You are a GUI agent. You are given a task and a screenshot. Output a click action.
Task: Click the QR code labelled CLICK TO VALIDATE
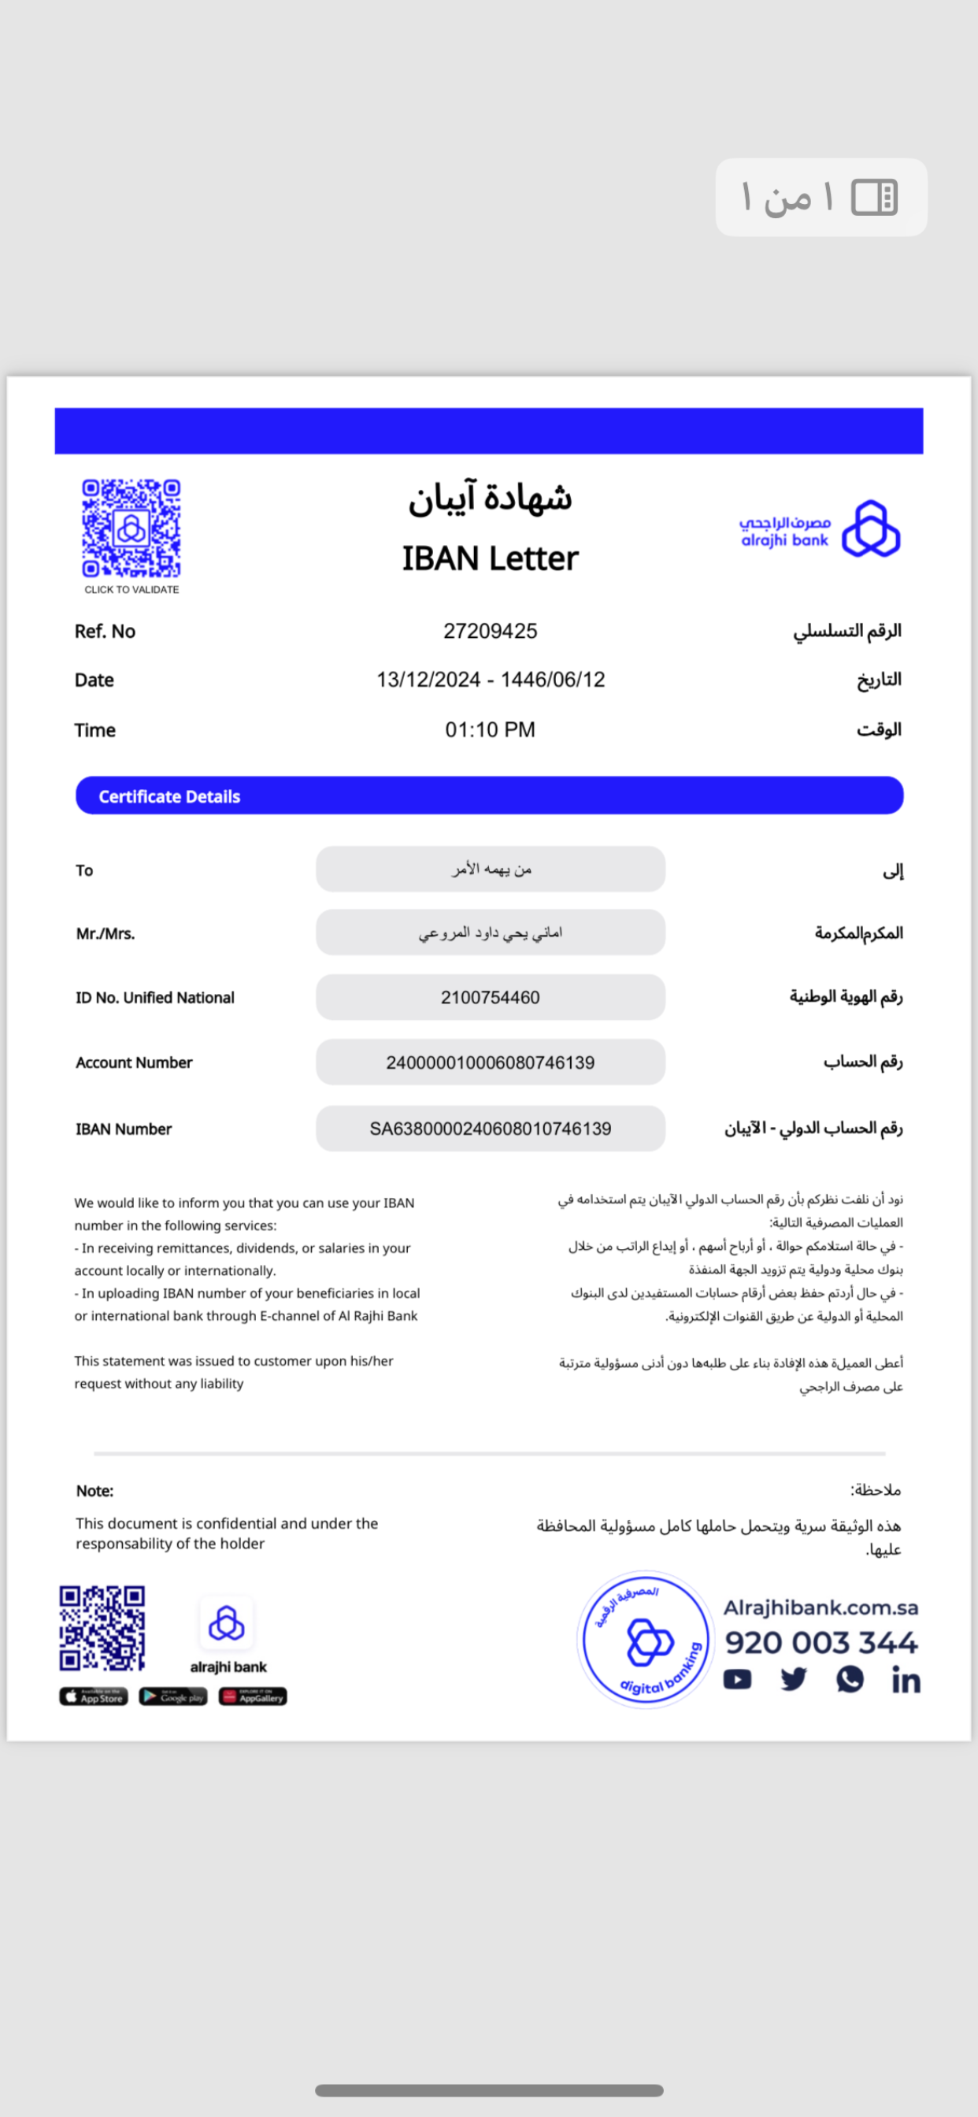click(131, 528)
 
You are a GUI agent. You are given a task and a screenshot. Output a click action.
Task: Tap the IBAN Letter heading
click(490, 559)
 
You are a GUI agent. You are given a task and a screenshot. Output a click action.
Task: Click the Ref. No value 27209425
click(490, 631)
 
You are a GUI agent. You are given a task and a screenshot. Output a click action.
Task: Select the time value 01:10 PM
click(490, 730)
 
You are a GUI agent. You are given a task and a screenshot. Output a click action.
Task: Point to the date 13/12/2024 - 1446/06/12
click(490, 680)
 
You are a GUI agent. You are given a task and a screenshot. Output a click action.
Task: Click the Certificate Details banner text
click(169, 796)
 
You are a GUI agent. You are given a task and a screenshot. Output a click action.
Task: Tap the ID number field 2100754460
click(490, 998)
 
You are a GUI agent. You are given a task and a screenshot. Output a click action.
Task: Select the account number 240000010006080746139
click(490, 1062)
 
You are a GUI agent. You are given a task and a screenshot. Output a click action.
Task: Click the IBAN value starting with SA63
click(490, 1129)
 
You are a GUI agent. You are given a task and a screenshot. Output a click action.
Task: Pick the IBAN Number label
click(124, 1129)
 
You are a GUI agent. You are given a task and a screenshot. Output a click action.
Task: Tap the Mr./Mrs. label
click(106, 933)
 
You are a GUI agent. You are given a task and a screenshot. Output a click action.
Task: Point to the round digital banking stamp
click(646, 1641)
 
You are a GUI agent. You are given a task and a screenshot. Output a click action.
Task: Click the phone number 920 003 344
click(821, 1643)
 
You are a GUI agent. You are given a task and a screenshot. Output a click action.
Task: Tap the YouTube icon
click(737, 1680)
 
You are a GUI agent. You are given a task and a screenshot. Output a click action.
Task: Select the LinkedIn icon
click(906, 1681)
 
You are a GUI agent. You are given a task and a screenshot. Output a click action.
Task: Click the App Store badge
click(94, 1697)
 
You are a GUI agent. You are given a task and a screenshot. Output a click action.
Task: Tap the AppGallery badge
click(252, 1697)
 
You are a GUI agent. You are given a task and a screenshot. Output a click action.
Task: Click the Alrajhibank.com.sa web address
click(821, 1607)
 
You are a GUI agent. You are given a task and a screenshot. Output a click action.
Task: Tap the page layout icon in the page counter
click(873, 197)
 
